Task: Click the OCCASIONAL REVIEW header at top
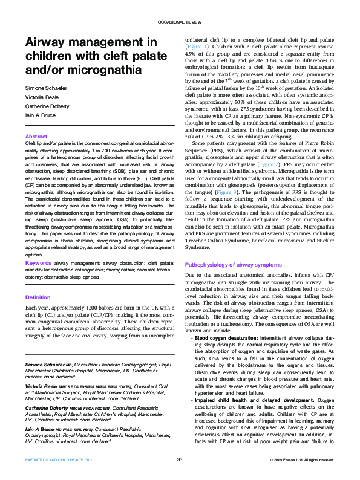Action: tap(180, 21)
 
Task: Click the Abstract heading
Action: tap(36, 137)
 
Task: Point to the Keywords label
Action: tap(38, 263)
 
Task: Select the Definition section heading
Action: tap(38, 297)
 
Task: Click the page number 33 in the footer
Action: tap(180, 460)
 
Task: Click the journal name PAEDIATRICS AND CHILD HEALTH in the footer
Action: tap(56, 461)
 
